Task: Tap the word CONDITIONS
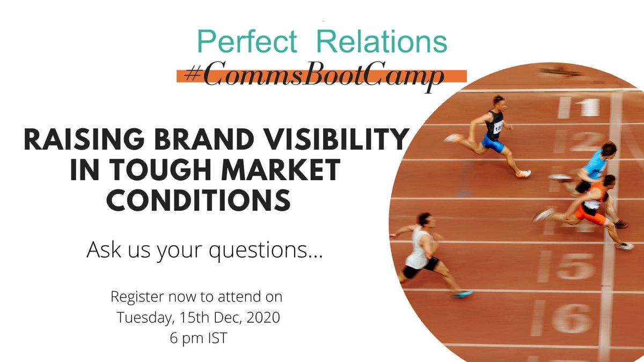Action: click(x=198, y=201)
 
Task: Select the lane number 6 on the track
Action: click(x=572, y=317)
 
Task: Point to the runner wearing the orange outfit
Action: click(x=590, y=204)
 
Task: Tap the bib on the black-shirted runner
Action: click(x=497, y=127)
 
